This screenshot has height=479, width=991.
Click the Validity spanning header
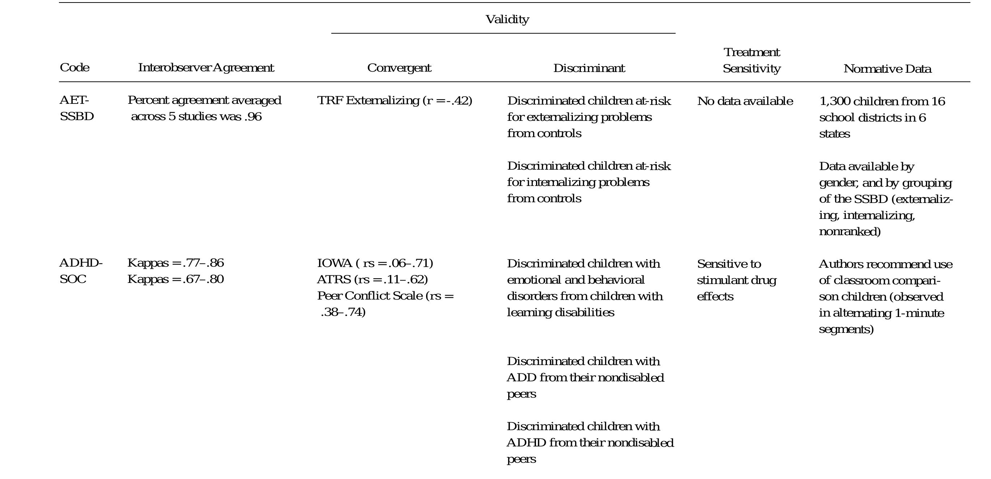507,19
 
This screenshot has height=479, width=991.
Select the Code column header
75,68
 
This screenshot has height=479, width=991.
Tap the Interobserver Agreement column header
206,68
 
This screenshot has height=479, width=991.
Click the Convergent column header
399,68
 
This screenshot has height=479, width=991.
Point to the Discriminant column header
589,68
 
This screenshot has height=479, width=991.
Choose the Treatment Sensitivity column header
751,60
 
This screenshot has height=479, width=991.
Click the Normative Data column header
887,69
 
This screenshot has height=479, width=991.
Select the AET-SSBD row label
77,108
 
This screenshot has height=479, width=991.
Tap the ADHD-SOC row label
81,271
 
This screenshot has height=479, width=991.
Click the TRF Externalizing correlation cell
394,101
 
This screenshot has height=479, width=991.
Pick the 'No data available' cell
745,101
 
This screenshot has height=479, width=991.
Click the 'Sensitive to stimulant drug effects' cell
736,280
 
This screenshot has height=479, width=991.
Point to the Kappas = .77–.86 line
175,263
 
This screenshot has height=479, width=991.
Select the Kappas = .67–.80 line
175,279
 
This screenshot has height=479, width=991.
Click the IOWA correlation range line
375,263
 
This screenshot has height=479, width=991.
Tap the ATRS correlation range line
373,279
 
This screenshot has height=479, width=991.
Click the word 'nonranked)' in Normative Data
850,232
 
